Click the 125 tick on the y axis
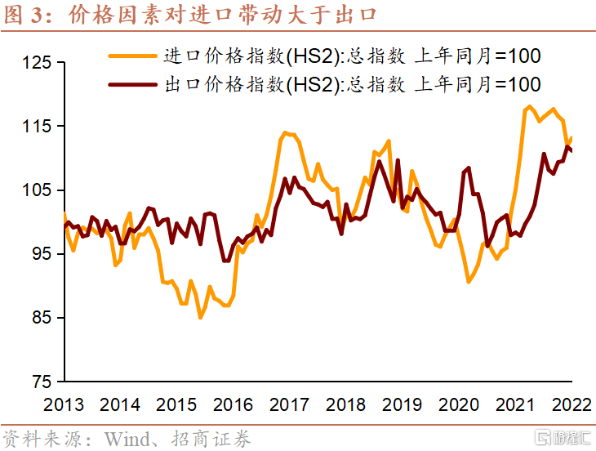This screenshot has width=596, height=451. tap(37, 63)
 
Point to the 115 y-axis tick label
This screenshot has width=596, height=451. tap(37, 127)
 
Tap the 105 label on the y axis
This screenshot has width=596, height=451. tap(37, 190)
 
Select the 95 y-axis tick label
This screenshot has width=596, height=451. tap(41, 254)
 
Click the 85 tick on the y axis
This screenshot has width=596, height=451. tap(41, 318)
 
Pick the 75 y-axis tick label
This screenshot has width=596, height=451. tap(41, 382)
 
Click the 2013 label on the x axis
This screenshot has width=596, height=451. tap(64, 404)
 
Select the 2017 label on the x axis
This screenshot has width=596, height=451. tap(290, 404)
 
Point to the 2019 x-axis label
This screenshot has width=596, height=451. tap(403, 404)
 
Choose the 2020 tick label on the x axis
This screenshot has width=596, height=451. tap(459, 404)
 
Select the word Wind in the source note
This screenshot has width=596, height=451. tap(125, 438)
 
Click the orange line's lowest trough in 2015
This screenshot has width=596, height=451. tap(201, 317)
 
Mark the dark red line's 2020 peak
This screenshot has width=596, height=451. tap(469, 168)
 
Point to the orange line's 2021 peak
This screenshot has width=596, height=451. tap(529, 106)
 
